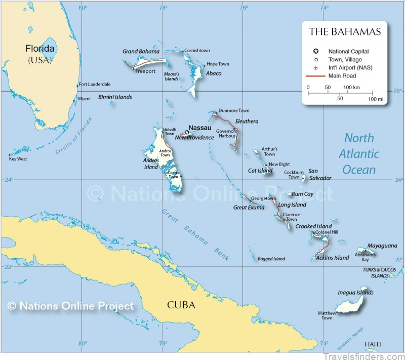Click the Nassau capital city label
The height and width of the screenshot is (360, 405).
pos(200,128)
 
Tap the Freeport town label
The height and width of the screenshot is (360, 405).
pos(145,71)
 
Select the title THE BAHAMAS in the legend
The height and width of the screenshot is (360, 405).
pos(345,32)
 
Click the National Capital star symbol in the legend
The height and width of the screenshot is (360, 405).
pos(316,51)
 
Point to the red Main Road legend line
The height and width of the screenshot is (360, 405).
pos(316,76)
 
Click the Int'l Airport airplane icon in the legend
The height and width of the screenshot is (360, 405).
pos(316,68)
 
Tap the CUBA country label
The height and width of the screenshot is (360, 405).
pos(181,305)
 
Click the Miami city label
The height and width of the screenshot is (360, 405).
pos(85,99)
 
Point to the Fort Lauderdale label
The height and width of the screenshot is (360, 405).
pos(95,84)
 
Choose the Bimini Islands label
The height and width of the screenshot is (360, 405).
pos(115,97)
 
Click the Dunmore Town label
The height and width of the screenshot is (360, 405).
pos(234,110)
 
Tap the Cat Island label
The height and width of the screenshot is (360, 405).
pos(260,171)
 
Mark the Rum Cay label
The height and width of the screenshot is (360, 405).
pos(303,194)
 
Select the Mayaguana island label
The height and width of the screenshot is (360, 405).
pos(382,246)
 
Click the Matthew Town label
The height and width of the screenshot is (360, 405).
pos(327,315)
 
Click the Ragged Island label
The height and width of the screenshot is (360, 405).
pos(271,259)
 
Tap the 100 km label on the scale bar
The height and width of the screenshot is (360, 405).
pos(352,88)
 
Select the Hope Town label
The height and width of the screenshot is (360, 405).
pos(218,64)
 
